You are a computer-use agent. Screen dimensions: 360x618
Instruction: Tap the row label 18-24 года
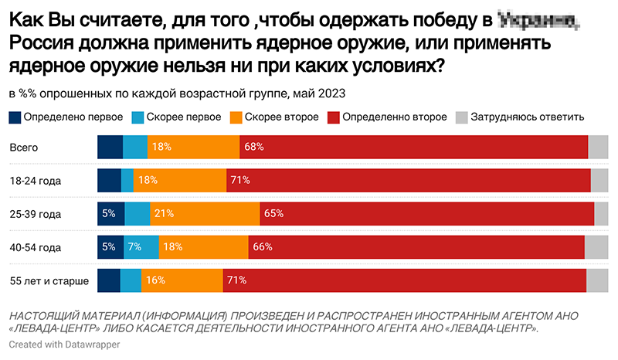tap(35, 180)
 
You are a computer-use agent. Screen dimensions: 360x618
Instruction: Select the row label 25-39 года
tap(35, 214)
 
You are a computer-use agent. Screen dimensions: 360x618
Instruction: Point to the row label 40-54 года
tap(35, 247)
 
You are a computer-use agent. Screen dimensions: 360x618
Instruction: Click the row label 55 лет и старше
tap(48, 280)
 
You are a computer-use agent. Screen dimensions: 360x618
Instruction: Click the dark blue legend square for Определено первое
tap(15, 117)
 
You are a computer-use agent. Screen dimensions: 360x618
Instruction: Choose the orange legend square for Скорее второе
tap(236, 117)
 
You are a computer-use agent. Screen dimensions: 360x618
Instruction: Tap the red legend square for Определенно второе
tap(334, 117)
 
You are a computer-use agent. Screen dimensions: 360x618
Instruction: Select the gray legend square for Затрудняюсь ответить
tap(461, 117)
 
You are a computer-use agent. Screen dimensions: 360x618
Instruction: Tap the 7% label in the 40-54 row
tap(134, 247)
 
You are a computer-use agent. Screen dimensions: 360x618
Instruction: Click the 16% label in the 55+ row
tap(155, 280)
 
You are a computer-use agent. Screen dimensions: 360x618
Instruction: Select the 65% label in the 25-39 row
tap(273, 214)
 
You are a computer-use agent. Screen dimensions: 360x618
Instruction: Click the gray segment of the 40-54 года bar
tap(596, 247)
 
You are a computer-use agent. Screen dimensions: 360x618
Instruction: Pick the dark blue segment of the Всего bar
tap(110, 147)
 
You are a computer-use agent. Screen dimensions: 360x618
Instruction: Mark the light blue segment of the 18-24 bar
tap(127, 180)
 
